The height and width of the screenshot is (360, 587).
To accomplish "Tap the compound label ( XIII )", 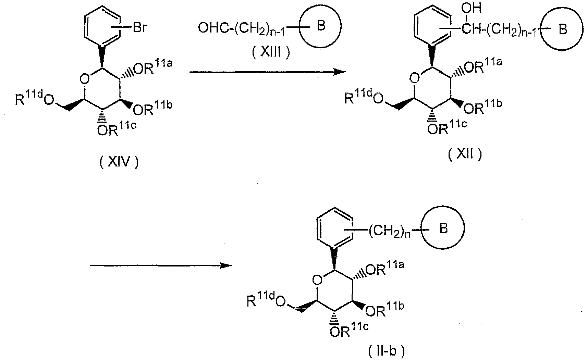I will [271, 53].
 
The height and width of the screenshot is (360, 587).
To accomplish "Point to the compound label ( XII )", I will [465, 154].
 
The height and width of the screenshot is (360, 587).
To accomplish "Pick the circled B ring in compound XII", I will [563, 30].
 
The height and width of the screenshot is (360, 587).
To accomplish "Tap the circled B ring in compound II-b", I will [443, 228].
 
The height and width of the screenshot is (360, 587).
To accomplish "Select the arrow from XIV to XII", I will [267, 72].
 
